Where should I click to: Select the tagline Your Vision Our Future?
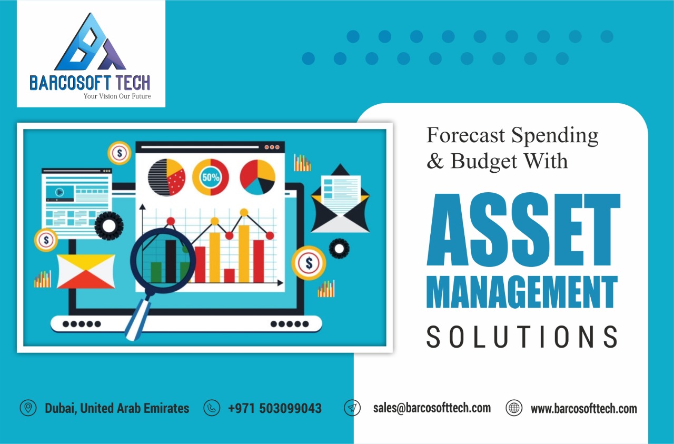click(117, 96)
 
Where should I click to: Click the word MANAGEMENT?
click(522, 293)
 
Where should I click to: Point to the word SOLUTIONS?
click(522, 336)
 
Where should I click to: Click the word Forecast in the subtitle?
click(465, 135)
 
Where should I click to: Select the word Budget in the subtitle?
click(484, 161)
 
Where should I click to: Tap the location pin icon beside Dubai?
click(28, 408)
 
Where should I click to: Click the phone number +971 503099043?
click(274, 408)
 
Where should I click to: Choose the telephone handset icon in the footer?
click(212, 408)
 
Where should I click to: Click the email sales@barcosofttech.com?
click(432, 408)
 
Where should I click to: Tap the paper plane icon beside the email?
click(352, 408)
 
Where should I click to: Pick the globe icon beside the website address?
click(514, 408)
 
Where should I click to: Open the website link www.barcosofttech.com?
click(583, 409)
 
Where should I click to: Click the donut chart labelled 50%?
click(211, 177)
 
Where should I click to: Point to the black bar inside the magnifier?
click(171, 260)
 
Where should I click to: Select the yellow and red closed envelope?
click(86, 271)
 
